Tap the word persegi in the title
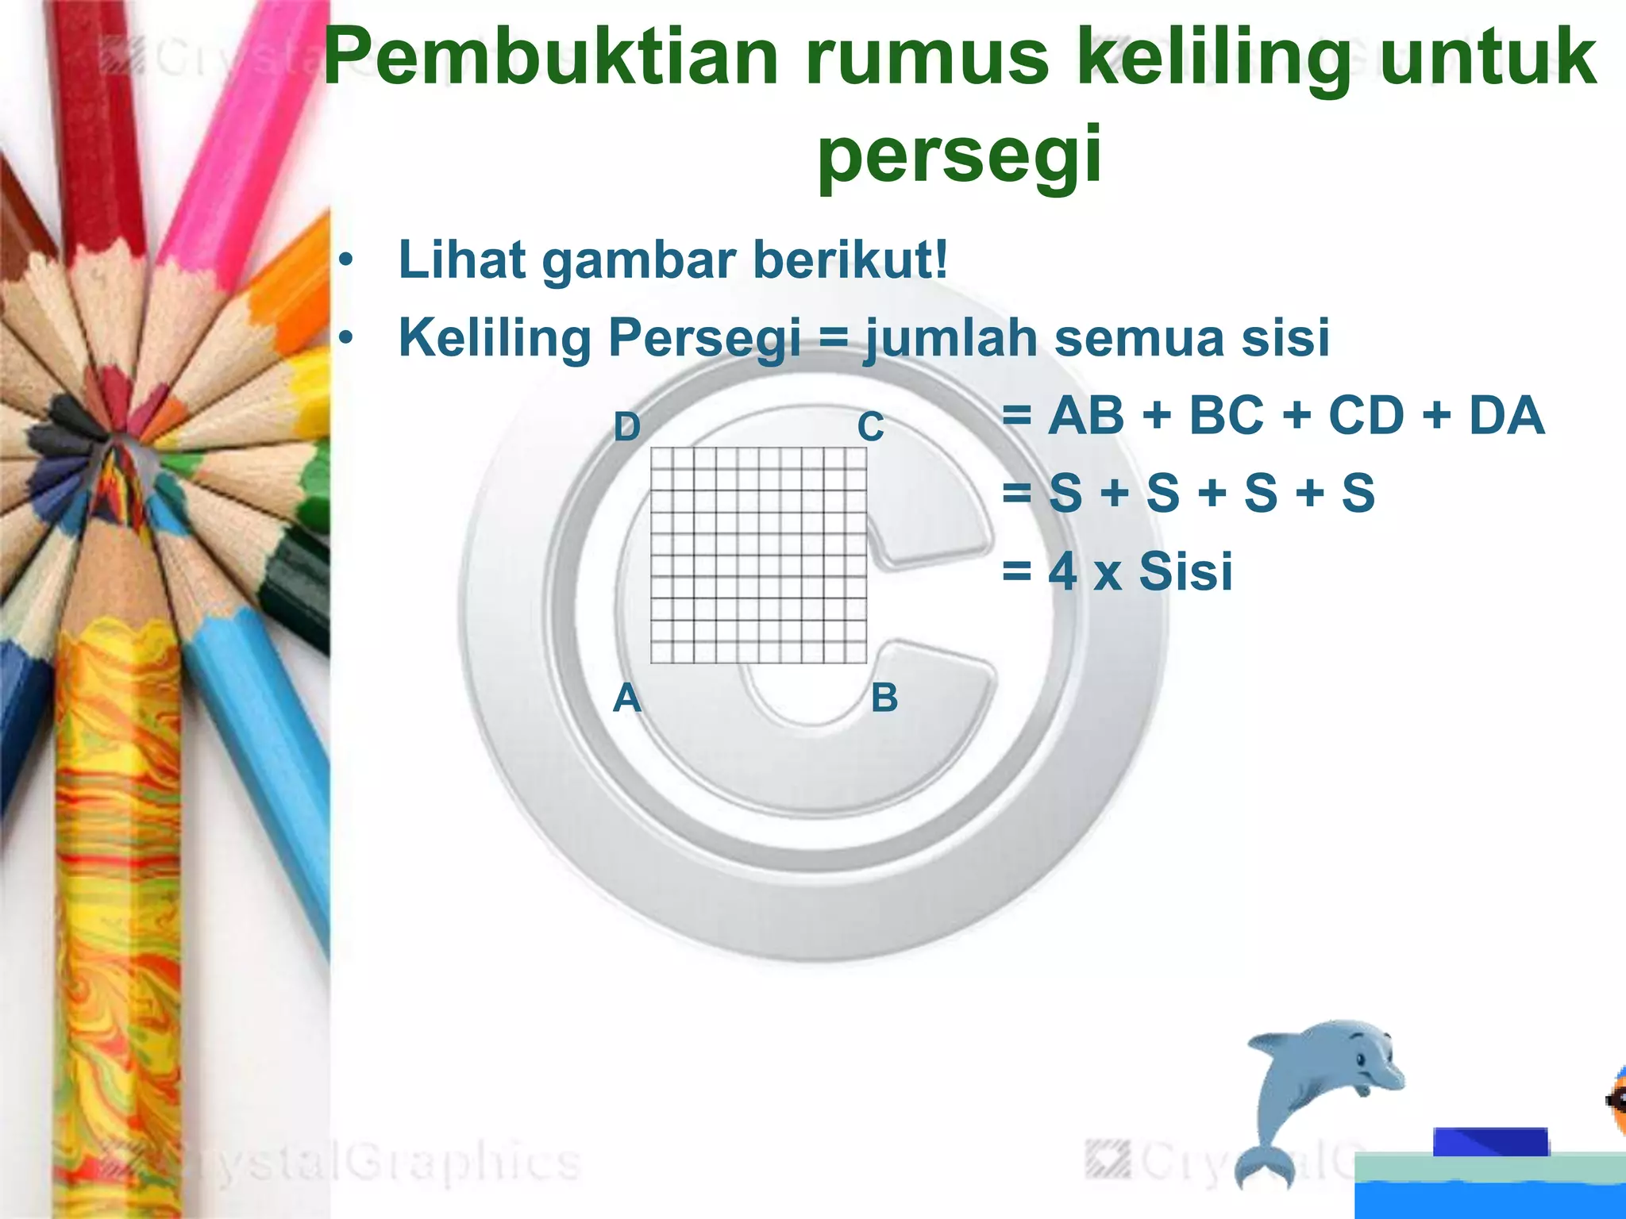(x=960, y=152)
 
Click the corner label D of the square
(x=626, y=427)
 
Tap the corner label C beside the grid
(x=870, y=427)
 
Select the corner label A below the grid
(x=626, y=698)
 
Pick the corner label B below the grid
(x=884, y=698)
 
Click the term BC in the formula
(x=1226, y=415)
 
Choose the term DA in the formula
(x=1506, y=415)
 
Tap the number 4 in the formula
(x=1062, y=571)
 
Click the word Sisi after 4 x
(x=1185, y=571)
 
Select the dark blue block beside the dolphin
(x=1490, y=1141)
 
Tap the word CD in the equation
(x=1366, y=415)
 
